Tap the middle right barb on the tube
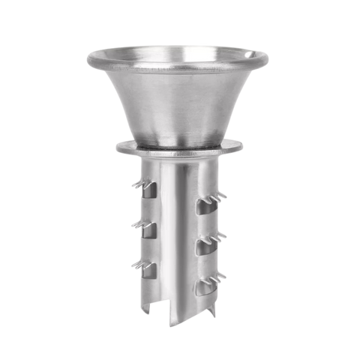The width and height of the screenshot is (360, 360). pyautogui.click(x=222, y=239)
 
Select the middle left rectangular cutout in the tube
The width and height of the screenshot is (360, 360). pyautogui.click(x=150, y=229)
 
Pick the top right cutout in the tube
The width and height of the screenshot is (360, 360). pyautogui.click(x=204, y=205)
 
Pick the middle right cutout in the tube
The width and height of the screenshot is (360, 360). pyautogui.click(x=204, y=246)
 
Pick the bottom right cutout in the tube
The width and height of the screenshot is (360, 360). pyautogui.click(x=204, y=289)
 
